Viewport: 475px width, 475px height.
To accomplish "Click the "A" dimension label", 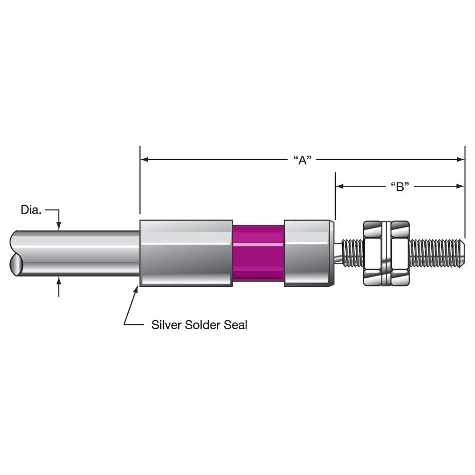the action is pyautogui.click(x=302, y=160).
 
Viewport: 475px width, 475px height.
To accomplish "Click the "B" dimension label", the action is pyautogui.click(x=400, y=187).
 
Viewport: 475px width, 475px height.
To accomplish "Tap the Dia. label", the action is pyautogui.click(x=31, y=210).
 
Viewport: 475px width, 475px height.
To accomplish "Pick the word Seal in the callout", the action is pyautogui.click(x=236, y=325).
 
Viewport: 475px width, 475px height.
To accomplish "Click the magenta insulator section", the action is pyautogui.click(x=258, y=253).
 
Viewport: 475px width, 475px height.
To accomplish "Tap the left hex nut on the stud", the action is pyautogui.click(x=372, y=253).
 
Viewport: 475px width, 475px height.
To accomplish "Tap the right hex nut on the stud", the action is pyautogui.click(x=400, y=253).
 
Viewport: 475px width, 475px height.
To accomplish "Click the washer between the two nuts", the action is pyautogui.click(x=387, y=253).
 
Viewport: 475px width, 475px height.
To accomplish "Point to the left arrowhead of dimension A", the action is pyautogui.click(x=144, y=159).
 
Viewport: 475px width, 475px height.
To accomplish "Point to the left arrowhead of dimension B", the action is pyautogui.click(x=340, y=186).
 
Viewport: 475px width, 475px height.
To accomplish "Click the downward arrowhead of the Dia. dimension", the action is pyautogui.click(x=59, y=226).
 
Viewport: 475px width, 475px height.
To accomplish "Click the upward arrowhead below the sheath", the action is pyautogui.click(x=59, y=281).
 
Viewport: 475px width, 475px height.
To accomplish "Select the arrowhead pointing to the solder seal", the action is pyautogui.click(x=136, y=289).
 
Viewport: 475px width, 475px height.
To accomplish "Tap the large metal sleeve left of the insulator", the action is pyautogui.click(x=186, y=253).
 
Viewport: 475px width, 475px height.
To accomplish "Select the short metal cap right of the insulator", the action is pyautogui.click(x=309, y=253).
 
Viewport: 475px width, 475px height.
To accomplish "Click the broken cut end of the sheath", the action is pyautogui.click(x=16, y=253).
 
